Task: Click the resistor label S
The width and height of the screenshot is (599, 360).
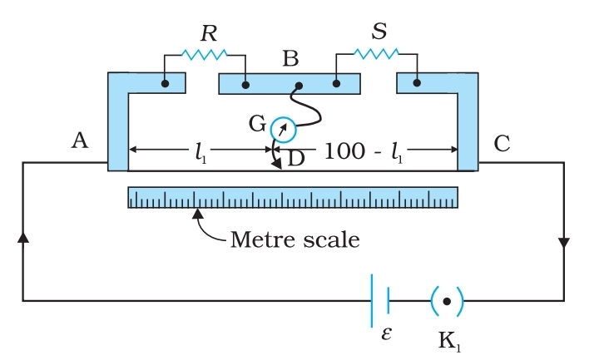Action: click(x=379, y=32)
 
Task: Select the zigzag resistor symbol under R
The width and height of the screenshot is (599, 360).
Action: click(x=204, y=55)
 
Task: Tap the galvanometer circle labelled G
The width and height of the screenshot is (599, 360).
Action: click(x=282, y=127)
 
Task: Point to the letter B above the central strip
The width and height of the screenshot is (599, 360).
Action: click(x=290, y=59)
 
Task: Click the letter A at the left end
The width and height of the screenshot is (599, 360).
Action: click(x=80, y=142)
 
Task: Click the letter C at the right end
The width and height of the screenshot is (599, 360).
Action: click(x=502, y=143)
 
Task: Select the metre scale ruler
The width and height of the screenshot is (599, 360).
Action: click(x=293, y=197)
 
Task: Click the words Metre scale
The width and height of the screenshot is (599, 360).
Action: click(x=295, y=240)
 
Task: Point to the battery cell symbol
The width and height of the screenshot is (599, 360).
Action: click(x=380, y=300)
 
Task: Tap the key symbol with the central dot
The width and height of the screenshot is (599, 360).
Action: click(x=447, y=300)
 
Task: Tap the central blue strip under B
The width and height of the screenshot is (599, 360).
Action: click(x=290, y=84)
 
